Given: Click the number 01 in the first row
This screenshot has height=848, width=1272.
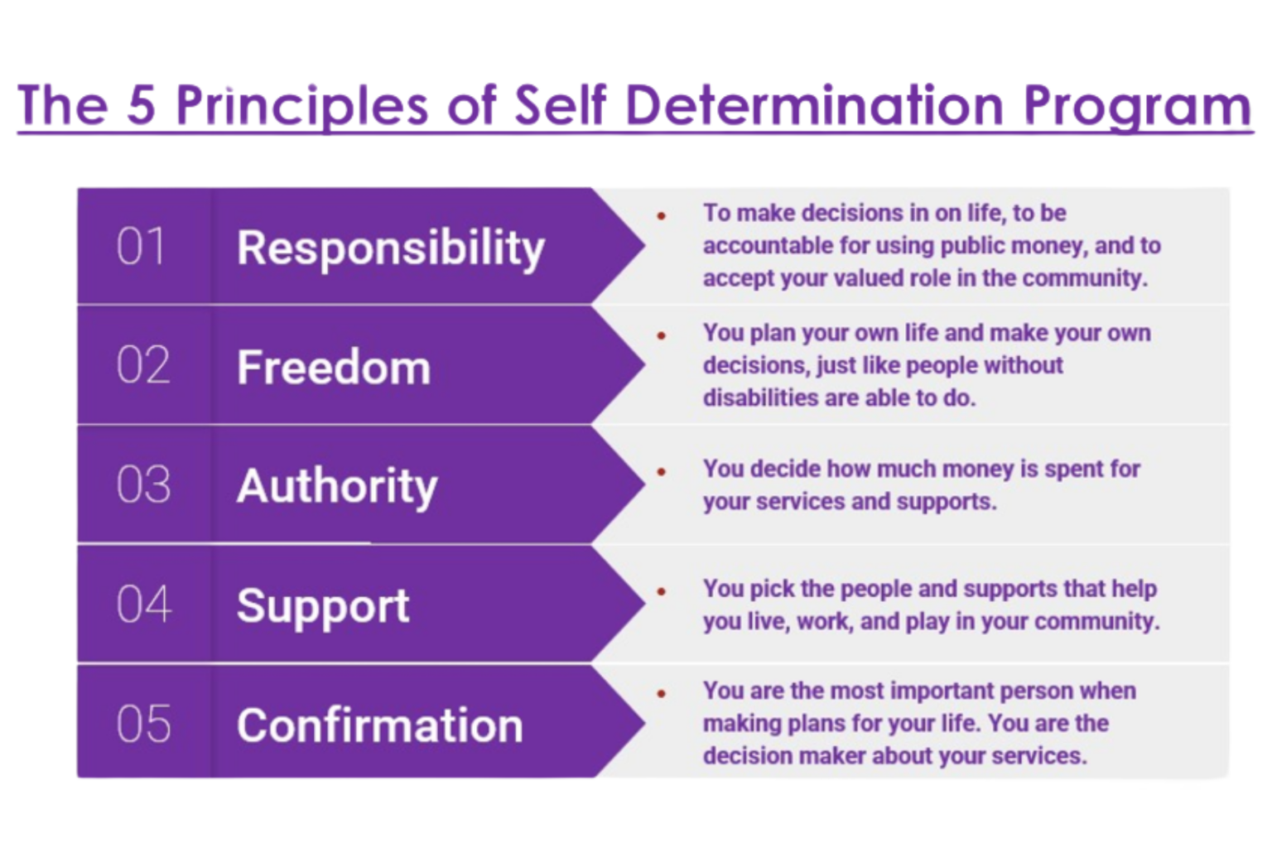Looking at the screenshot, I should coord(141,247).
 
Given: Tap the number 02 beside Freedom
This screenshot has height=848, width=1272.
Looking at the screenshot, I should coord(143,365).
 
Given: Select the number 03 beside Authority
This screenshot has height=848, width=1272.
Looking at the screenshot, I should coord(143,484).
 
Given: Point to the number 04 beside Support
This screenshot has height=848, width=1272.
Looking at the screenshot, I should coord(143,604).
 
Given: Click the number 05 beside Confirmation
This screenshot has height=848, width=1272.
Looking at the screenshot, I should coord(143,724).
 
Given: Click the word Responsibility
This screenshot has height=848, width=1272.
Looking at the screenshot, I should coord(391,248).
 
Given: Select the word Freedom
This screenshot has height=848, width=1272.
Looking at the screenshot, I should coord(334,367).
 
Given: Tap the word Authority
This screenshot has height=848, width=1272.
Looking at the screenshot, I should coord(337,486).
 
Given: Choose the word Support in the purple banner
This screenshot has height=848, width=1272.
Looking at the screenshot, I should coord(323,606).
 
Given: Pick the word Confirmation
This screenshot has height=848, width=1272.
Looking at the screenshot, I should coord(380,725).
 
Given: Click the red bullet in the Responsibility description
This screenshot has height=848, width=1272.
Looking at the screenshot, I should coord(662,215).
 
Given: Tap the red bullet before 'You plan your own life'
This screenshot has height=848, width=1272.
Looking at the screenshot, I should coord(662,335).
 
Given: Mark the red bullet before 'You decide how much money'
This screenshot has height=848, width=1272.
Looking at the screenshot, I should coord(662,471).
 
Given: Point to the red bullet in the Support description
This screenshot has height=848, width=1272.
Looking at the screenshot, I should coord(662,591).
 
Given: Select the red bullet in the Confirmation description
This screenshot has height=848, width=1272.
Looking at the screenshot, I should coord(662,693).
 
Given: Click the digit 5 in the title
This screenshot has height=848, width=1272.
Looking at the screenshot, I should coord(142,105).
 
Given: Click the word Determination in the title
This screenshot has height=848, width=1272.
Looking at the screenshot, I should coord(814,105).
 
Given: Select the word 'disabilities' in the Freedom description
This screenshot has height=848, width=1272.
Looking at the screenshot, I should coord(759,398).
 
